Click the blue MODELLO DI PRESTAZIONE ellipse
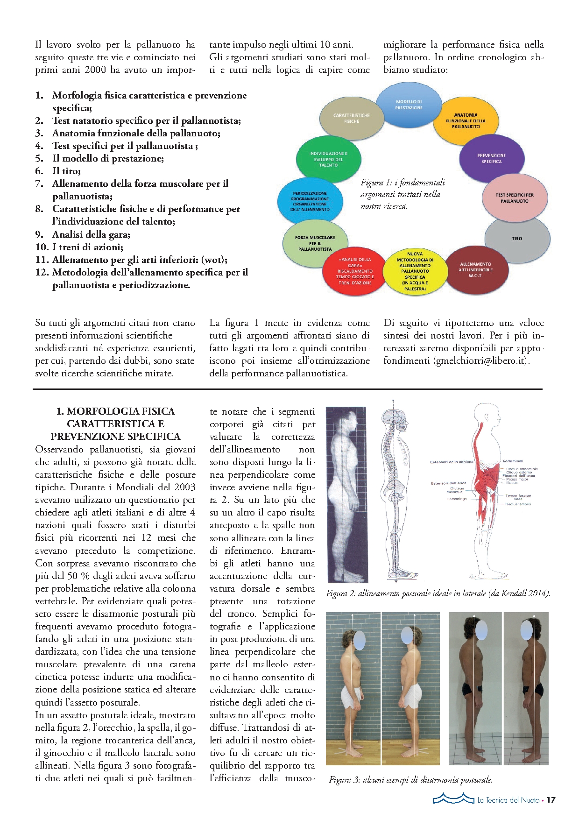409,105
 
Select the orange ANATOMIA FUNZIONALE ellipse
466,121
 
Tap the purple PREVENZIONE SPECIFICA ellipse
491,158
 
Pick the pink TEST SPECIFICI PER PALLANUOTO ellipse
515,198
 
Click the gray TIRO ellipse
517,239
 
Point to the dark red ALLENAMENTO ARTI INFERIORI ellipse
475,270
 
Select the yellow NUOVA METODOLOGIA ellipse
415,271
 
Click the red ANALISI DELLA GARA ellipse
355,271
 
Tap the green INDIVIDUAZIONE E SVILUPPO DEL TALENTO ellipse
328,159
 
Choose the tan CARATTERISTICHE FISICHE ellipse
351,118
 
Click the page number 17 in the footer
551,800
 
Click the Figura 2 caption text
438,593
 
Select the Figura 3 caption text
410,779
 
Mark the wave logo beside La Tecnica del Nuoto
452,799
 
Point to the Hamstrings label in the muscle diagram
456,499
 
